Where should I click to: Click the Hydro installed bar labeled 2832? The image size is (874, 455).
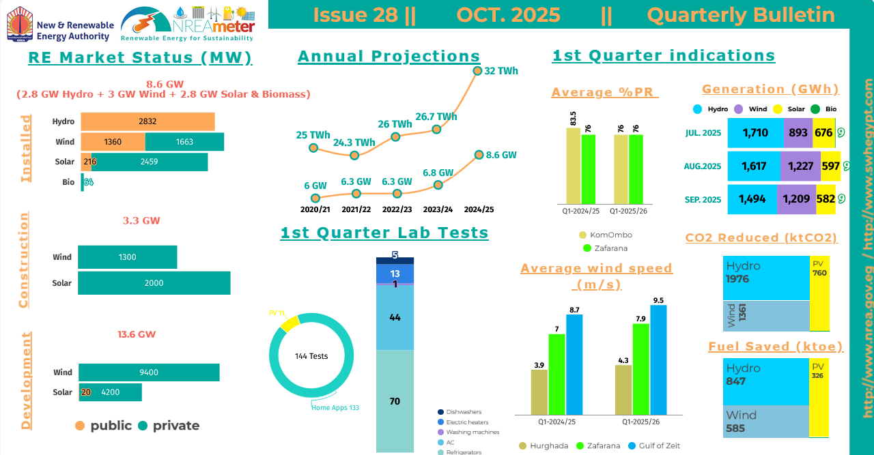tap(147, 121)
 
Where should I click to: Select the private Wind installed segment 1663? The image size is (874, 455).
tap(184, 142)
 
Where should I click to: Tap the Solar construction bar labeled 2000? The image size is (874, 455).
tap(154, 283)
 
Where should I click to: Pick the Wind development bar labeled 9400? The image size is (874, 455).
tap(149, 372)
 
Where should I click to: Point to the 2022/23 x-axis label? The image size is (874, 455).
tap(397, 209)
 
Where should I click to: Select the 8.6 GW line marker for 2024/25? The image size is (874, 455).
tap(479, 156)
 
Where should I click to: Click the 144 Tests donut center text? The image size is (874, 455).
tap(311, 356)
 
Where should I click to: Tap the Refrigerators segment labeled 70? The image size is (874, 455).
tap(395, 401)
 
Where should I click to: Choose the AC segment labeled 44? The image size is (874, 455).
tap(395, 317)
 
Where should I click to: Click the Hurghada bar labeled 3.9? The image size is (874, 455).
tap(539, 392)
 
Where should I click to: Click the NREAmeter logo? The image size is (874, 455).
tap(188, 24)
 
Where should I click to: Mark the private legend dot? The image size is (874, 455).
tap(143, 426)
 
